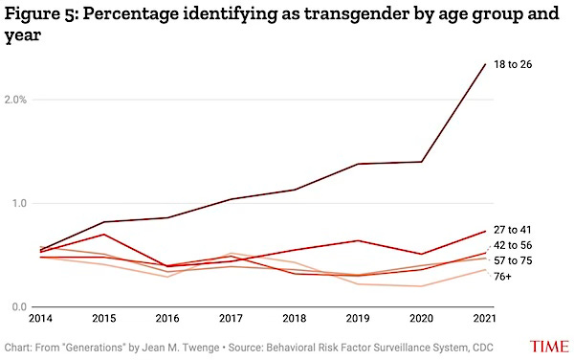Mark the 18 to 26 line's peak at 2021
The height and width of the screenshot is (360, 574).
[x=485, y=64]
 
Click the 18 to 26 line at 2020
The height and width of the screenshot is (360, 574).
[x=422, y=162]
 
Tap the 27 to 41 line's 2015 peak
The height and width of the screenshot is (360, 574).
[x=103, y=234]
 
